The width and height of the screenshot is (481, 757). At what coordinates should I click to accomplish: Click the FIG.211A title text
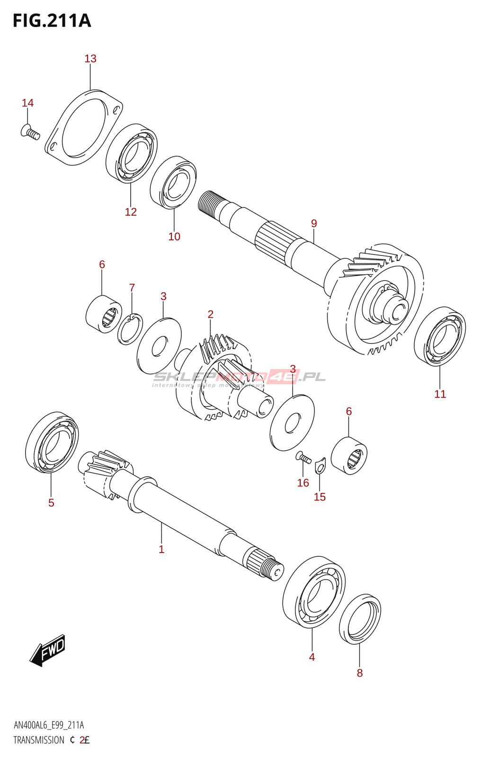52,21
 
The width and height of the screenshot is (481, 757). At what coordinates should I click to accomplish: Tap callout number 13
90,59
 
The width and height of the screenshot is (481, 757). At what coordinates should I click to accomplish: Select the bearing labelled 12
132,153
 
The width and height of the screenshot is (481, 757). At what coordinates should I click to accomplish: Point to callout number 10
174,237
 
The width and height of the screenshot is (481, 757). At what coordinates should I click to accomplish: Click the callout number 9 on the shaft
314,223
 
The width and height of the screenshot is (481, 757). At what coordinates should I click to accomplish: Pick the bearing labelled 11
439,336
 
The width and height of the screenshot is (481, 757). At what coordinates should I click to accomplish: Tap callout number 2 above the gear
210,314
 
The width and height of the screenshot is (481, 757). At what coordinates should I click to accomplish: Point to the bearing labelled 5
52,442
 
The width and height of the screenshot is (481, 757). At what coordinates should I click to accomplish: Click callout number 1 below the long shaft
161,549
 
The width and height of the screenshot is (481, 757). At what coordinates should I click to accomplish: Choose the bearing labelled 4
313,592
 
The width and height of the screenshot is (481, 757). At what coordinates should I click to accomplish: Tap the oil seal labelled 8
360,619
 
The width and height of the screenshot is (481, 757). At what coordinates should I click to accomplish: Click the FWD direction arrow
48,650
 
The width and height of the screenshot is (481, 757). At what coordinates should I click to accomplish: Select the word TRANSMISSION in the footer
39,740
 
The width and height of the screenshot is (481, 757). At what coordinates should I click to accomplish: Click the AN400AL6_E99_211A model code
49,725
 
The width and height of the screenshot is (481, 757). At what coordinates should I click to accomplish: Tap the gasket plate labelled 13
83,127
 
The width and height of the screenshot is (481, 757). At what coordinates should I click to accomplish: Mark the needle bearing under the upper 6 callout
104,314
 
